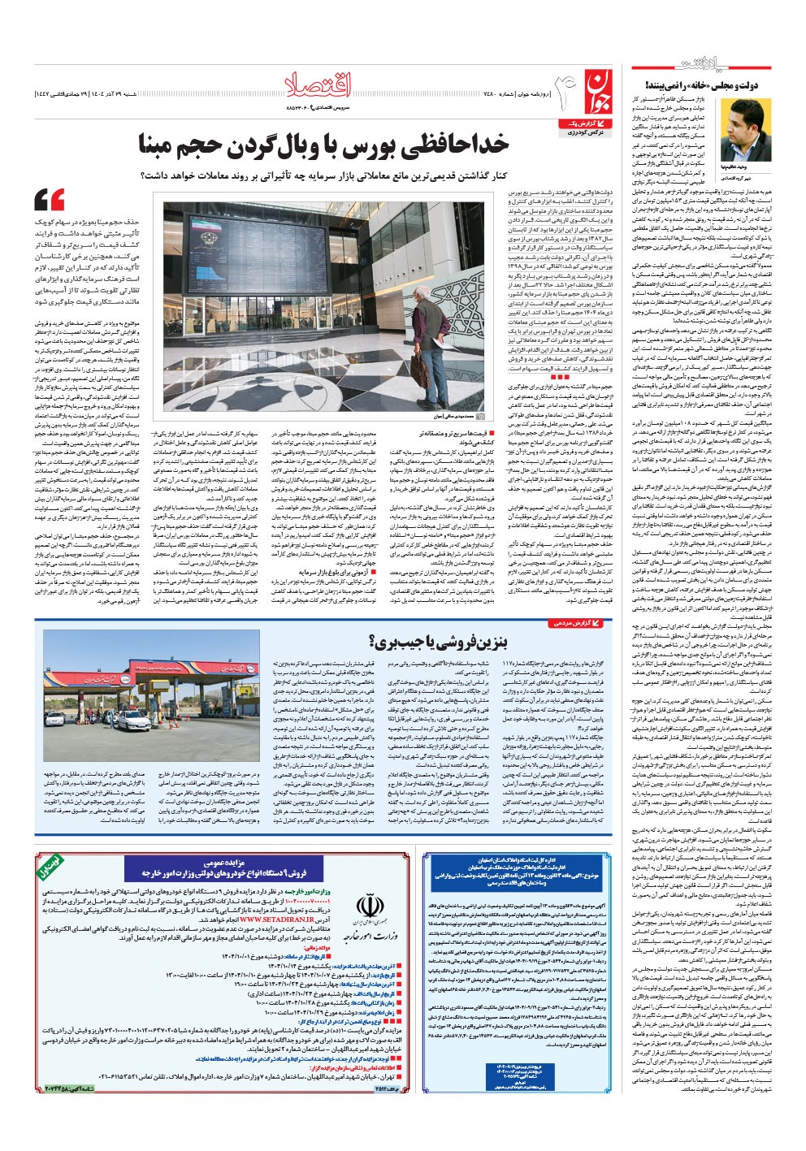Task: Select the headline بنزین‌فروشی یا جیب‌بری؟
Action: [x=438, y=642]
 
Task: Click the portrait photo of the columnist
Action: [x=745, y=129]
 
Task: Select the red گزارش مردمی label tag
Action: [x=578, y=623]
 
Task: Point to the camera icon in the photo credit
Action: [x=481, y=414]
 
